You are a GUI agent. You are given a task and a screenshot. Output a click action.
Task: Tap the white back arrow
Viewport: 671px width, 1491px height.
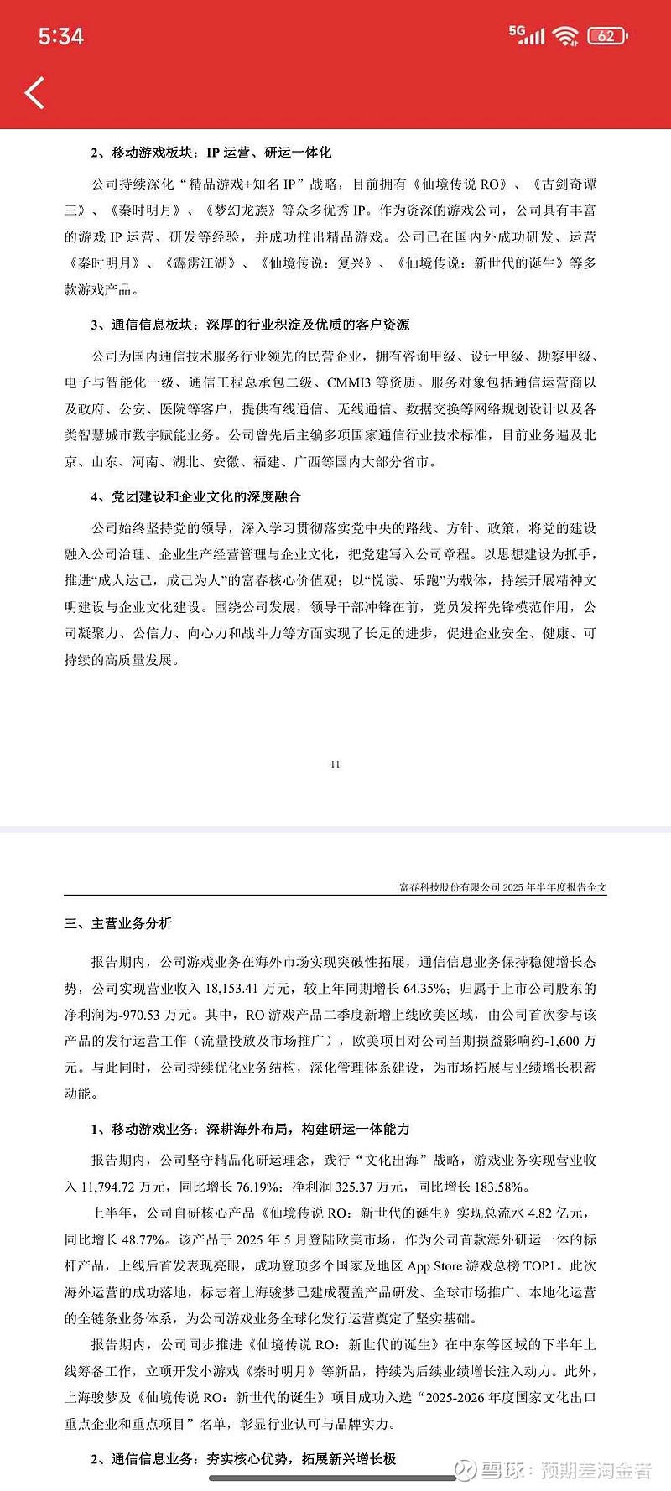(x=34, y=93)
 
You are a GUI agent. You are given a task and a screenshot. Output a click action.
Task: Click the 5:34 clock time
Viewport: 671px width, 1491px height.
(x=61, y=36)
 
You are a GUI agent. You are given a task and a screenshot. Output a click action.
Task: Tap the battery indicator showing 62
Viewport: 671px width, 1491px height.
(x=607, y=36)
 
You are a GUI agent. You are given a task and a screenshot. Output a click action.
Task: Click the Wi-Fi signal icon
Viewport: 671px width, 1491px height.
(x=566, y=35)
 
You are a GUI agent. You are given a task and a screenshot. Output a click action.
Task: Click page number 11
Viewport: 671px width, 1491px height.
(x=335, y=764)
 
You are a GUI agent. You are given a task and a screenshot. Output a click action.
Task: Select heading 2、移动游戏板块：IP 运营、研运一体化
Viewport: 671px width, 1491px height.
(x=211, y=153)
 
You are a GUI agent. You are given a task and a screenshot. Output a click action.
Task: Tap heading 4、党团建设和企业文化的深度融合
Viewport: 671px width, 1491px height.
(x=195, y=496)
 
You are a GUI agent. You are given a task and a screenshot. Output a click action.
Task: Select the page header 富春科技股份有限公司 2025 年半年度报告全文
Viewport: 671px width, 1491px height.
(x=502, y=887)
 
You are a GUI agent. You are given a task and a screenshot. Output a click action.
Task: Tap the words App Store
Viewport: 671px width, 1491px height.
(x=434, y=1266)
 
